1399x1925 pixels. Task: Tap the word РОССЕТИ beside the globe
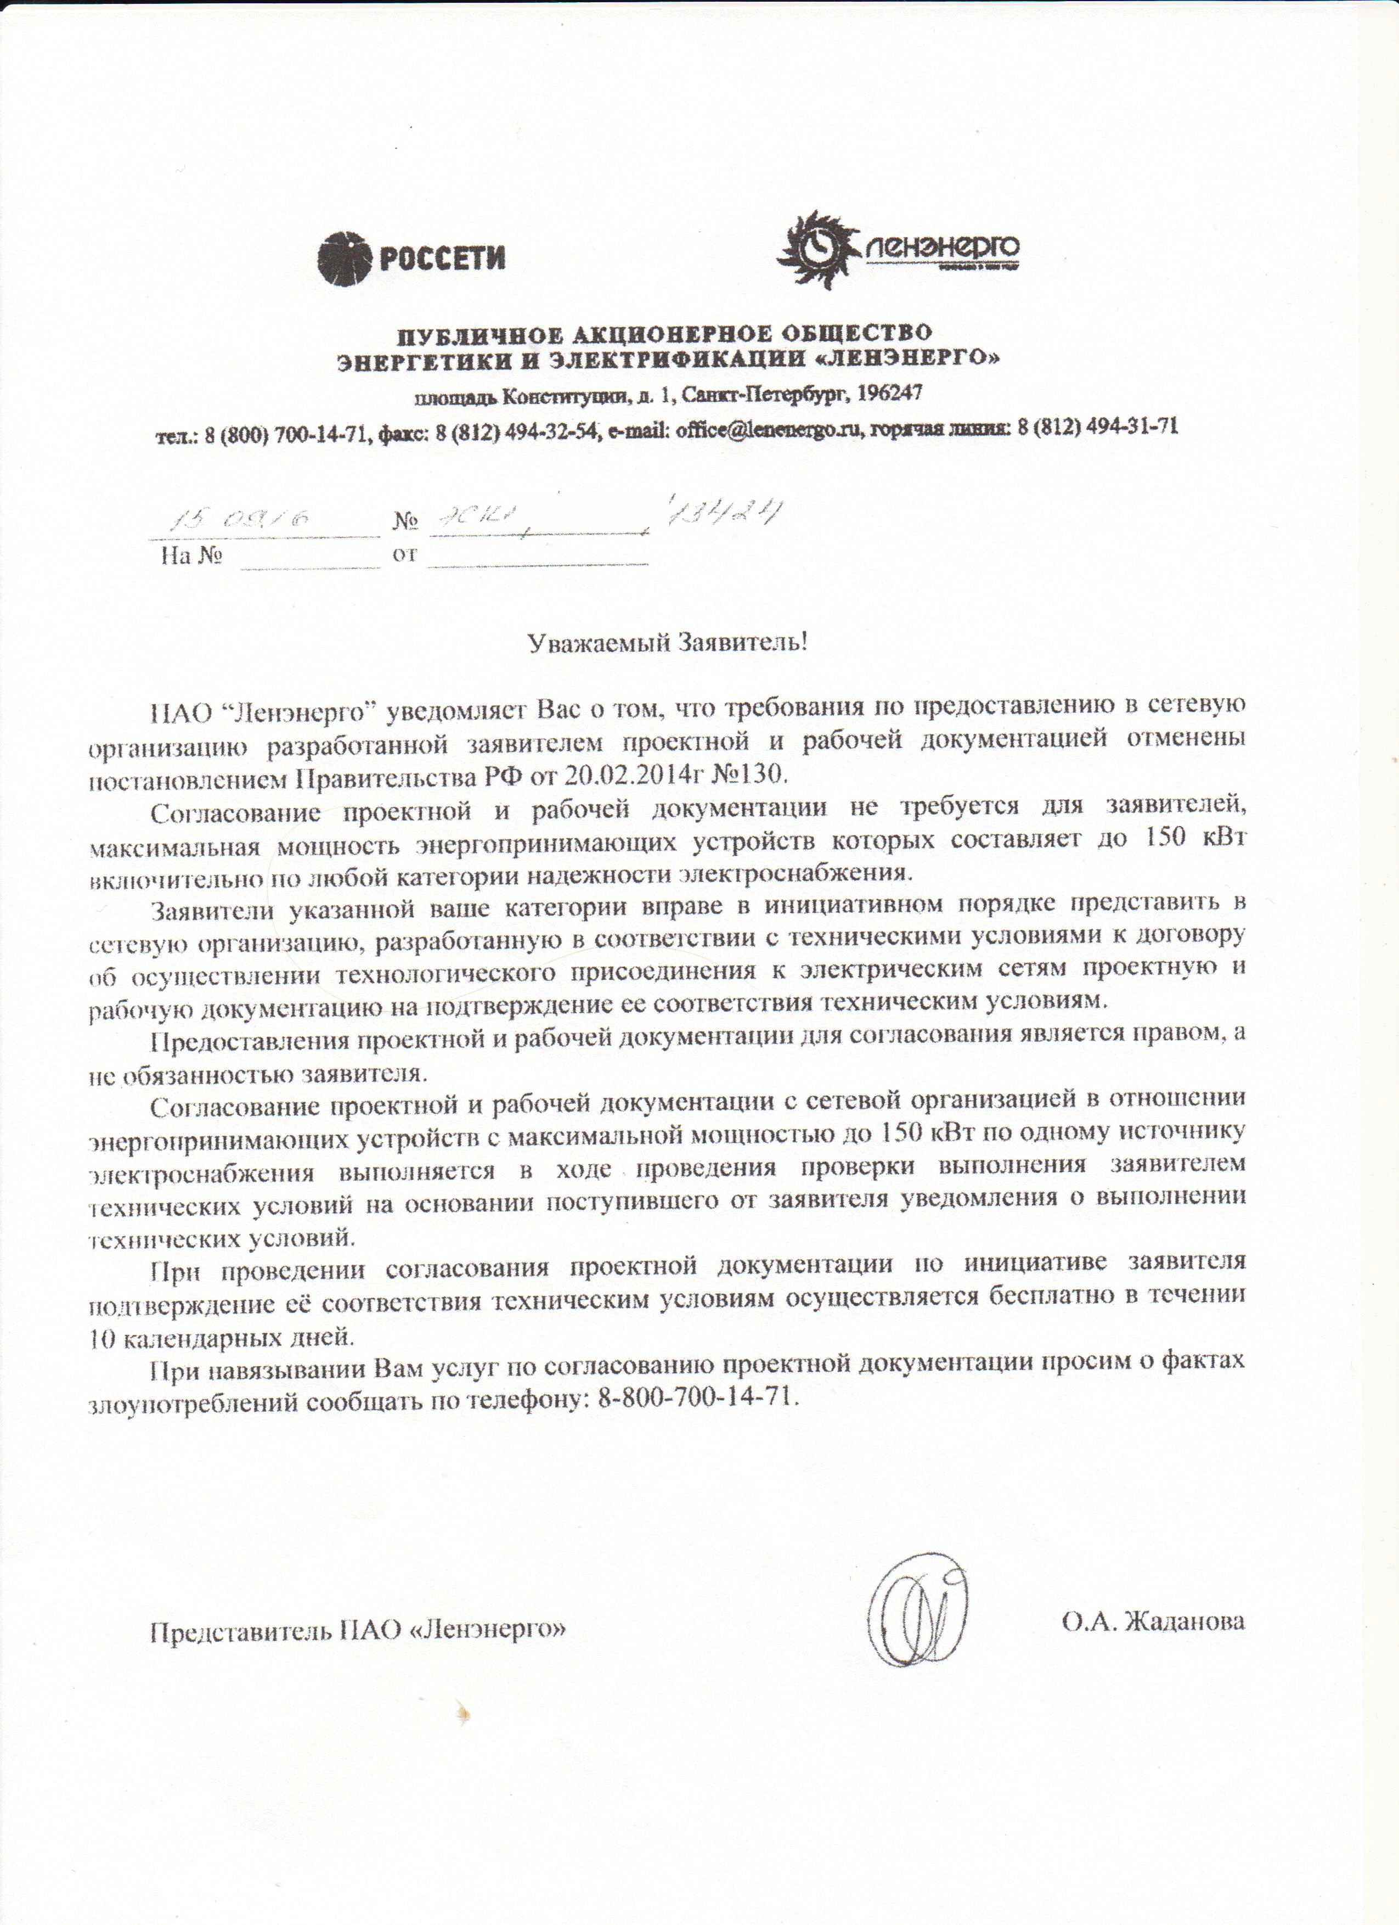[x=442, y=257]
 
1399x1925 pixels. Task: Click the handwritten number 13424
[x=725, y=514]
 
